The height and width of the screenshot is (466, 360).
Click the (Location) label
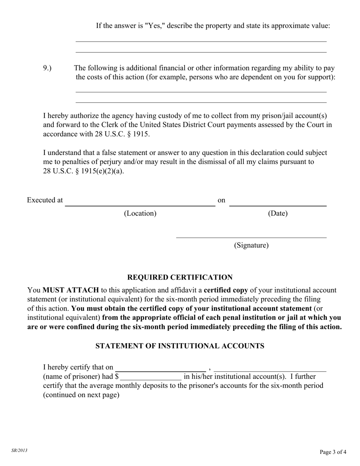pyautogui.click(x=140, y=213)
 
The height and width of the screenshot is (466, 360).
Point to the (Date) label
pyautogui.click(x=278, y=213)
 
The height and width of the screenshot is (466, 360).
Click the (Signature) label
pyautogui.click(x=251, y=245)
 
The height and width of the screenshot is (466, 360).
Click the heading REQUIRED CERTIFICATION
pyautogui.click(x=180, y=277)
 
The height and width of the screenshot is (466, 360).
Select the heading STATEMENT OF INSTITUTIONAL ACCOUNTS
pyautogui.click(x=180, y=346)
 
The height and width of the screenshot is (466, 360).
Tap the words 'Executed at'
pyautogui.click(x=45, y=200)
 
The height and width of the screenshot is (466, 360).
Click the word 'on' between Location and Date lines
pyautogui.click(x=221, y=200)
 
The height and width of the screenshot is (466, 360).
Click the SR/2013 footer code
pyautogui.click(x=19, y=450)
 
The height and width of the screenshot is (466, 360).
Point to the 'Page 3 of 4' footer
pyautogui.click(x=333, y=452)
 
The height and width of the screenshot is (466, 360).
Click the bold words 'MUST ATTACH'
pyautogui.click(x=70, y=290)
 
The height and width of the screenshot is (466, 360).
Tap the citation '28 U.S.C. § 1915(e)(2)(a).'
pyautogui.click(x=83, y=171)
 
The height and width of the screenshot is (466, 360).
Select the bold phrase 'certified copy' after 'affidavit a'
pyautogui.click(x=226, y=290)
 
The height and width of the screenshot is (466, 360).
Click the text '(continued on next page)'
pyautogui.click(x=81, y=395)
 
